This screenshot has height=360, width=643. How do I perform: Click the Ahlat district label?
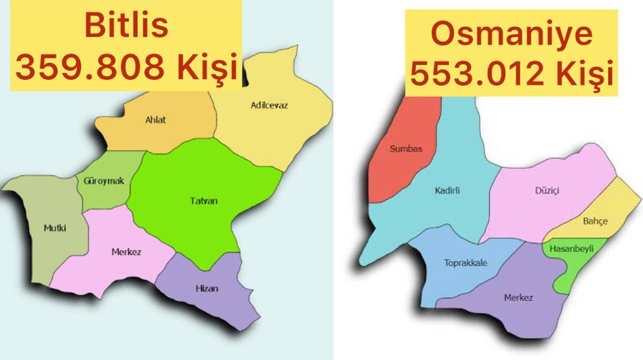[155, 119]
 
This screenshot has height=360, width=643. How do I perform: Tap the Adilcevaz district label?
[269, 105]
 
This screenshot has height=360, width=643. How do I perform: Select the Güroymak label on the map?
[103, 181]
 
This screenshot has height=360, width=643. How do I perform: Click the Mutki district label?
[55, 228]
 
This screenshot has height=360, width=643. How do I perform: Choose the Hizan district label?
[207, 289]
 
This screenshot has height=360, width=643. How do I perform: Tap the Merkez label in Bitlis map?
[126, 251]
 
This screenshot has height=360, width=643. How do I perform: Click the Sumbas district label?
[406, 149]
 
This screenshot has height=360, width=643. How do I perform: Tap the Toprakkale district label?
[466, 262]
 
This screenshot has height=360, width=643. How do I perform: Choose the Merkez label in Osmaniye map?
[518, 297]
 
